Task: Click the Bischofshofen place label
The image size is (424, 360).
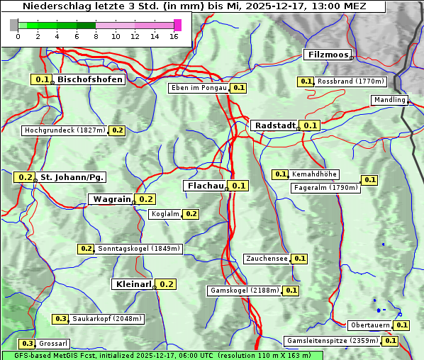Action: coord(90,80)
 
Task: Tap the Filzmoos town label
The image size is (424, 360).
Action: coord(327,55)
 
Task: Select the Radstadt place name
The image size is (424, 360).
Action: coord(274,125)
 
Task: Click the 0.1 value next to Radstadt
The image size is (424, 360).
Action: coord(310,125)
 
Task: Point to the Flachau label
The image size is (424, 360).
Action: coord(204,186)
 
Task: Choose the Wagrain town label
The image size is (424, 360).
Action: coord(112,199)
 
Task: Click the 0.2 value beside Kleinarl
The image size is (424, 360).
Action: coord(166,284)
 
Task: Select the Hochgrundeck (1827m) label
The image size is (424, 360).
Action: coord(65,130)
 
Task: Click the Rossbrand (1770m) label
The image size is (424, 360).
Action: coord(350,81)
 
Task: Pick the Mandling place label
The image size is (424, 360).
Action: coord(389,101)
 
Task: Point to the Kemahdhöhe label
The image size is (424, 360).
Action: coord(314,174)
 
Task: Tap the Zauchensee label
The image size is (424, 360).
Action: coord(267,259)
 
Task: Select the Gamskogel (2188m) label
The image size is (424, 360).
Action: coord(245,291)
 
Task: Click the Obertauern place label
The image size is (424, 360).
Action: coord(370,325)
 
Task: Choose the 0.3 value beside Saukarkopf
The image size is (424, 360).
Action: coord(61,319)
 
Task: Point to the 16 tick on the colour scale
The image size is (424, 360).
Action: coord(174,35)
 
